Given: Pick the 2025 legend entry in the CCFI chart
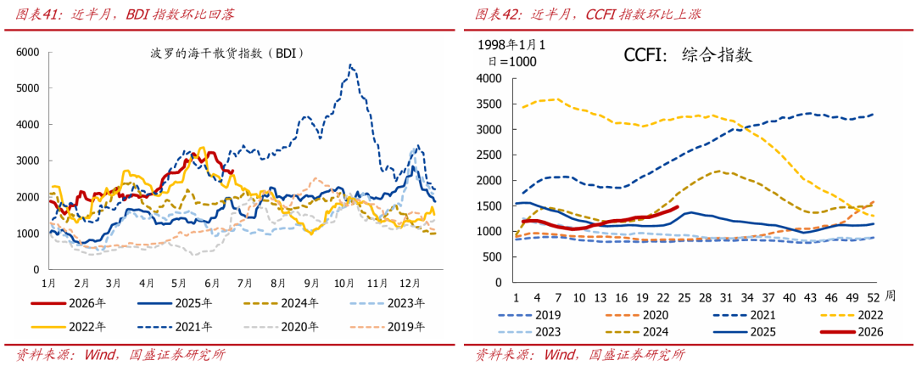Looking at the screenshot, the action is pos(741,332).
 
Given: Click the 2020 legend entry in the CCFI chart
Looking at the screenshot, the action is pos(634,315).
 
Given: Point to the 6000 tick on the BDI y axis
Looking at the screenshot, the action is pos(27,52).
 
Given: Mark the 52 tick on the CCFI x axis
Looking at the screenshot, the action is pos(874,296).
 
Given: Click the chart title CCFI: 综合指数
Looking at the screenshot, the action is pos(688,55).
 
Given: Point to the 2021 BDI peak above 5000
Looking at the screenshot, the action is pos(350,65).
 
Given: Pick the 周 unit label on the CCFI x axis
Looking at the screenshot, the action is pos(889,296).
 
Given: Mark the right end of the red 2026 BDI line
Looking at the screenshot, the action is pos(232,172).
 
